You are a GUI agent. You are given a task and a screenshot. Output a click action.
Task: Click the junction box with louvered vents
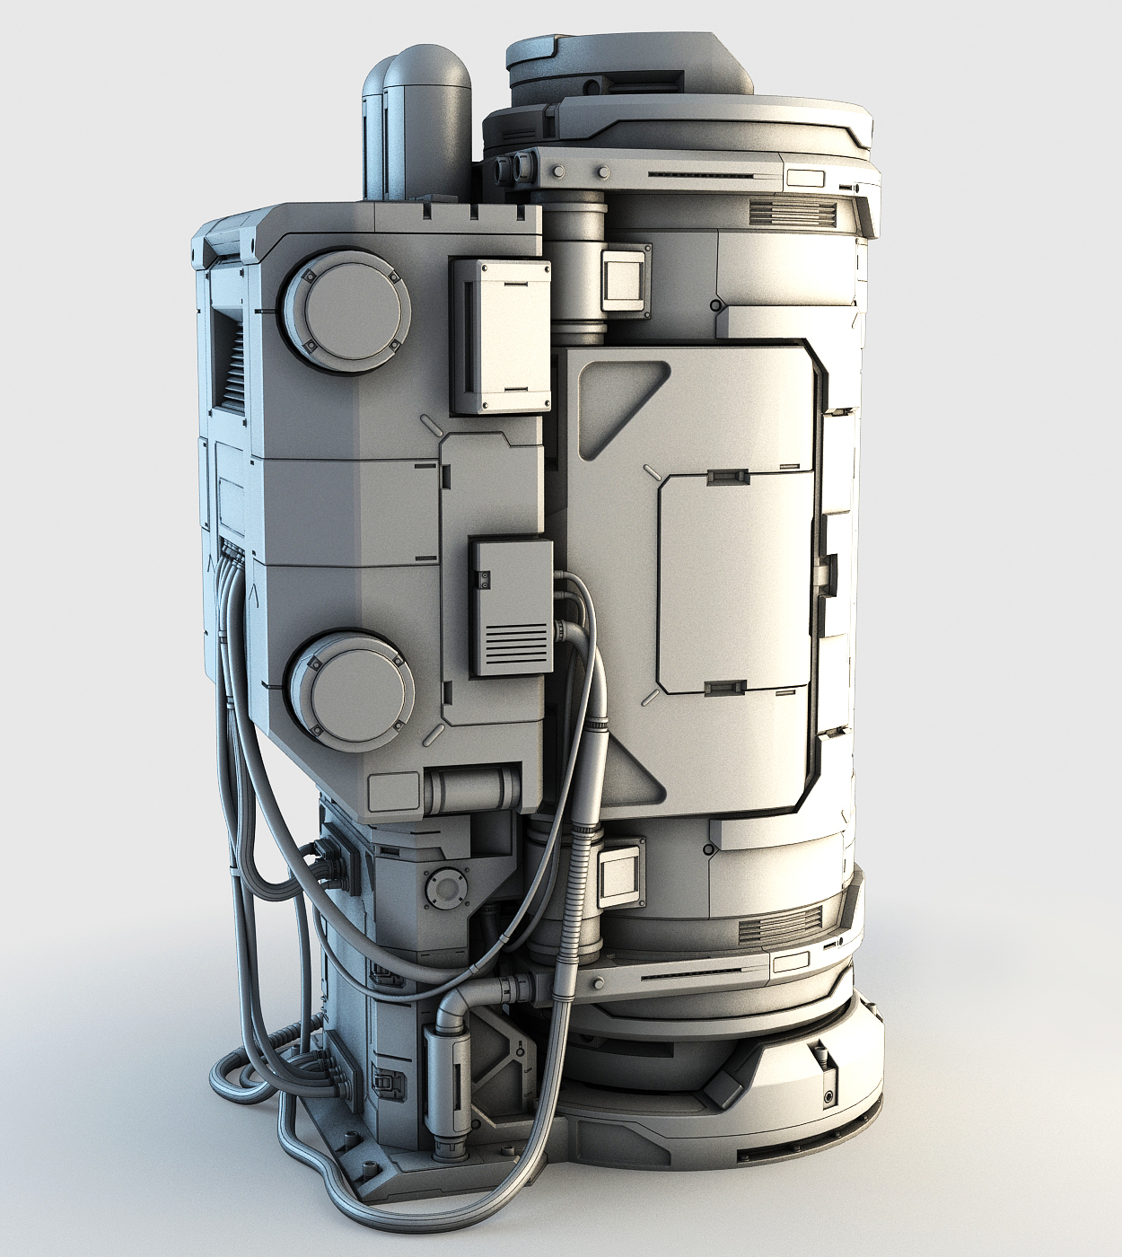[x=511, y=607]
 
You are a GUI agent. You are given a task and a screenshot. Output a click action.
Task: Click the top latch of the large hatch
[x=727, y=476]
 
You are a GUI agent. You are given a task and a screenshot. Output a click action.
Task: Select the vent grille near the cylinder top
[x=792, y=212]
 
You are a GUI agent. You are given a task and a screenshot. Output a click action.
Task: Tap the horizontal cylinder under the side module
[x=472, y=789]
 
